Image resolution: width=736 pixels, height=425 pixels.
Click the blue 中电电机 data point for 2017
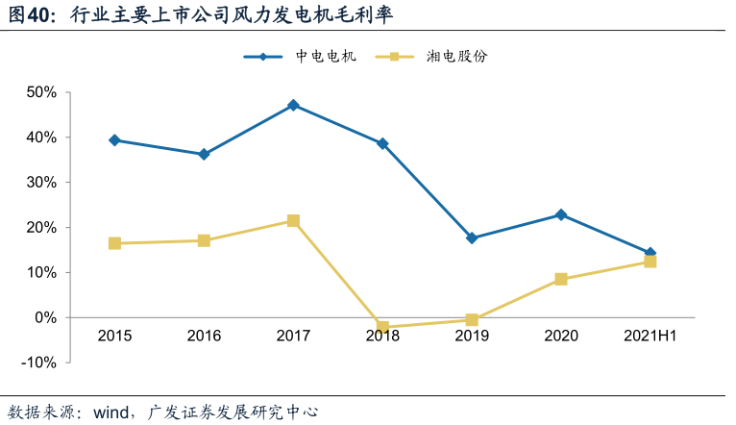pyautogui.click(x=293, y=105)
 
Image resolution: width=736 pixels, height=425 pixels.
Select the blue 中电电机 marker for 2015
pyautogui.click(x=114, y=140)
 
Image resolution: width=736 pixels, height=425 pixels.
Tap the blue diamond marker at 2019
pyautogui.click(x=472, y=237)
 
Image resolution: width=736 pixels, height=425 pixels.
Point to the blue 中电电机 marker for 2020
pyautogui.click(x=561, y=214)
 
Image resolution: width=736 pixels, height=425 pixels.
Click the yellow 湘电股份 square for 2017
pyautogui.click(x=293, y=221)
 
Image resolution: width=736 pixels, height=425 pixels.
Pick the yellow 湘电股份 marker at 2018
pyautogui.click(x=382, y=328)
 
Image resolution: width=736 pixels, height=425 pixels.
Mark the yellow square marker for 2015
pyautogui.click(x=114, y=243)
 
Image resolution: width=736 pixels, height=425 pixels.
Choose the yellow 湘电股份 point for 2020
pyautogui.click(x=561, y=280)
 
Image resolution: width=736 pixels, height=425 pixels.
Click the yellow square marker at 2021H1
pyautogui.click(x=650, y=262)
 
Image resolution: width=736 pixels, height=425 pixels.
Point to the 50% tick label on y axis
pyautogui.click(x=41, y=92)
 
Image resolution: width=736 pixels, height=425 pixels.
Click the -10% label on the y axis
pyautogui.click(x=39, y=362)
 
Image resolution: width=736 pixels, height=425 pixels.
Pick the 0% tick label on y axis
pyautogui.click(x=45, y=317)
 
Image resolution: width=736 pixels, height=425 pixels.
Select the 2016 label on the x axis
pyautogui.click(x=204, y=336)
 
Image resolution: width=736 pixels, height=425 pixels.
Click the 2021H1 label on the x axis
pyautogui.click(x=650, y=336)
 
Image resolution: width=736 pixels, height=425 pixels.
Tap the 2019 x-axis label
pyautogui.click(x=472, y=336)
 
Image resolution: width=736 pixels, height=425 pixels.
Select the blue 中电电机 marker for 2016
pyautogui.click(x=204, y=154)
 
